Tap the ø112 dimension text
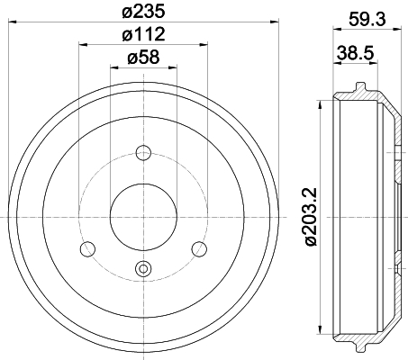[143, 35]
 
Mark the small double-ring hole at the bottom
[143, 266]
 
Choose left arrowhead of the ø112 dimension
[81, 44]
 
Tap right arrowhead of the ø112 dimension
[205, 44]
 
